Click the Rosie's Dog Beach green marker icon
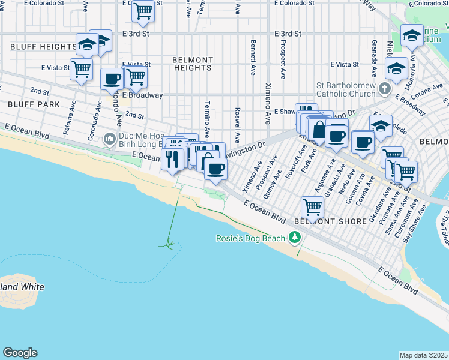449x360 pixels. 294,238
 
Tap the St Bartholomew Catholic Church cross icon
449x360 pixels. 385,89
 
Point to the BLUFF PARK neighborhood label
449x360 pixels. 26,104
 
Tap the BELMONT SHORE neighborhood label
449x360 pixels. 330,221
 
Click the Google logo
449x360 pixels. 20,353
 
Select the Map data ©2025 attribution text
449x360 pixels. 423,355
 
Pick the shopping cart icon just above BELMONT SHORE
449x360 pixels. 312,208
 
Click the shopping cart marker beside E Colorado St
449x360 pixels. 143,10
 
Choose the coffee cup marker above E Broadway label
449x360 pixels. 112,79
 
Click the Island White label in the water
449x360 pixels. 22,287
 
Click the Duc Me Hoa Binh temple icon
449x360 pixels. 109,140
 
